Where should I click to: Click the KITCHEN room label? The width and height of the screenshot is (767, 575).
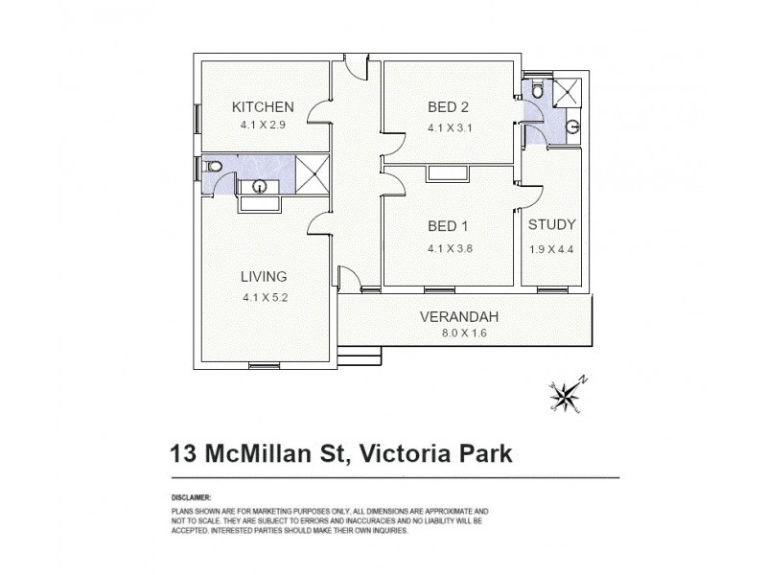pos(263,106)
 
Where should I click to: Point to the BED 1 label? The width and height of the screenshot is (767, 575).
pos(449,227)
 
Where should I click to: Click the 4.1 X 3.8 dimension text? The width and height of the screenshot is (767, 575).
pos(449,247)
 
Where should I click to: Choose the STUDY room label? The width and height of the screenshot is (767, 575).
pos(551,225)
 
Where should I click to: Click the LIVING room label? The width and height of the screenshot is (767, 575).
pos(263,277)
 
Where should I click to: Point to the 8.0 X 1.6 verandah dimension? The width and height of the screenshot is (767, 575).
pos(460,333)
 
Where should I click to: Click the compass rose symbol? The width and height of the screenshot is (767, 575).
pos(566,393)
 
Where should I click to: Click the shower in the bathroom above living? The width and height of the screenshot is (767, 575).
pos(310,173)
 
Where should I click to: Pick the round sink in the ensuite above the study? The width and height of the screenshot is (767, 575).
pos(572,126)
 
